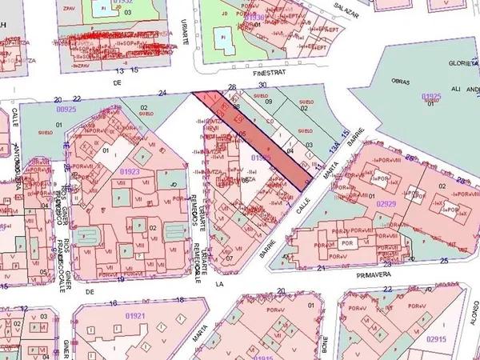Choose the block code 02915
tap(437, 338)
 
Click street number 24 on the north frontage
tap(162, 94)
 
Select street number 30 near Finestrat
tap(262, 85)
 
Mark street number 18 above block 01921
tap(180, 300)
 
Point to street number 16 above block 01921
tap(114, 303)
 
